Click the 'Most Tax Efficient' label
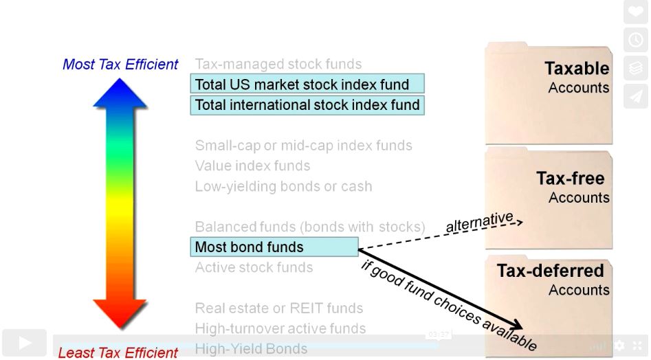(120, 65)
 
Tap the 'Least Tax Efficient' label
(118, 352)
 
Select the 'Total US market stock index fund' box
(307, 85)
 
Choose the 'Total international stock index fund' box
(307, 105)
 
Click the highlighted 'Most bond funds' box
(274, 247)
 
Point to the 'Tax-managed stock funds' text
(278, 65)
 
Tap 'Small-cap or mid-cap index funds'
(303, 146)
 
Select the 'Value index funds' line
(252, 166)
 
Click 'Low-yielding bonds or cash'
(283, 186)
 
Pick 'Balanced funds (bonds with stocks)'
(310, 227)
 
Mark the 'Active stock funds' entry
(254, 267)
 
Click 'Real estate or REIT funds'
(278, 308)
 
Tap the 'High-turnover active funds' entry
(280, 328)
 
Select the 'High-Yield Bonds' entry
(251, 349)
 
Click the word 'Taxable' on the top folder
(577, 69)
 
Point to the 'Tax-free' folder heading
(570, 179)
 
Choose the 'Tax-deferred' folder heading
(550, 271)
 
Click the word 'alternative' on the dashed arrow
(479, 221)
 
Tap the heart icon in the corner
(635, 12)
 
